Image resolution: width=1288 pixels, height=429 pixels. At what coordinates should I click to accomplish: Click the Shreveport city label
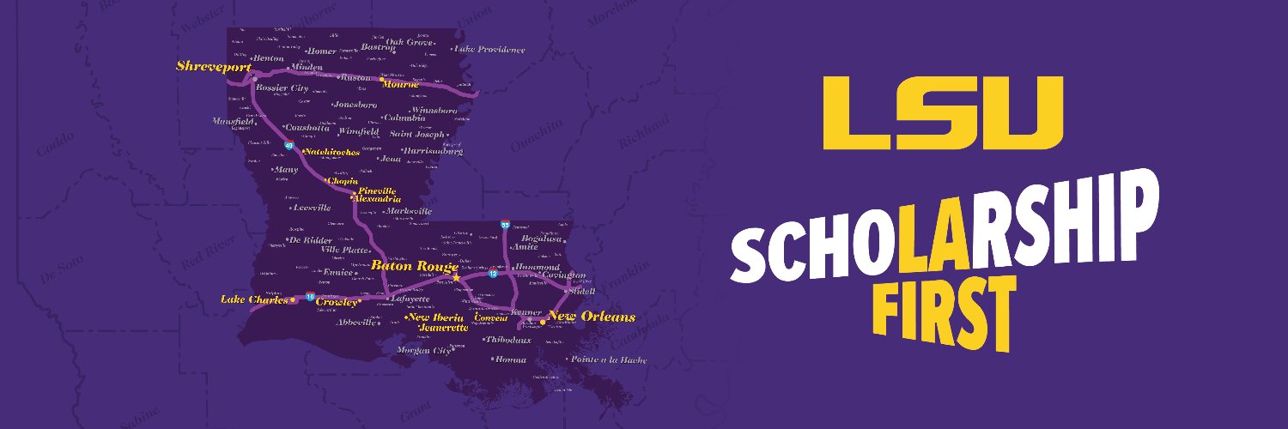214,66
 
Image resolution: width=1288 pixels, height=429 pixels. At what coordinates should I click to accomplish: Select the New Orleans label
592,317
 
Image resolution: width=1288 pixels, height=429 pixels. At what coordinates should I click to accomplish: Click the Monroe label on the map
401,84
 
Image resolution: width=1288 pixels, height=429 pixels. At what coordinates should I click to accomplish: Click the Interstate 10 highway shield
310,297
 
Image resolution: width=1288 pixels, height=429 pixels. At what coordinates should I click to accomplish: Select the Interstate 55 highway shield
506,225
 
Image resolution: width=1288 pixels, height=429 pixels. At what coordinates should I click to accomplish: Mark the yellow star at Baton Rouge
456,278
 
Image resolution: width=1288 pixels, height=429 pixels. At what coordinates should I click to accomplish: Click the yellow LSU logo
943,112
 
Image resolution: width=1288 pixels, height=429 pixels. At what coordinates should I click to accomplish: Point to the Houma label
511,360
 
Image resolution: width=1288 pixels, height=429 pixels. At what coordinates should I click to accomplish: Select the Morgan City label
423,350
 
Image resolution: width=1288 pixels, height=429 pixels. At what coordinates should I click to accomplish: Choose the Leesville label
312,208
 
